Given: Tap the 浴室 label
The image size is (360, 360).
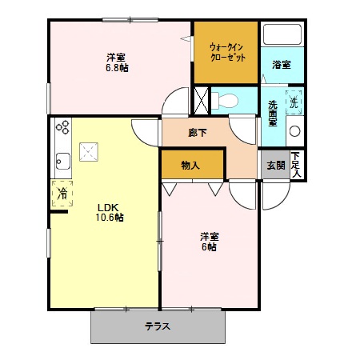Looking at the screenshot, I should pos(281,64).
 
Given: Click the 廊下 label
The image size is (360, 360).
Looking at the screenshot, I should pos(197,133).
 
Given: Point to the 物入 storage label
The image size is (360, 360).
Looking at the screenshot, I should pos(190,166).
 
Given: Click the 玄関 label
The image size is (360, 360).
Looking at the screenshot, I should pos(275,166).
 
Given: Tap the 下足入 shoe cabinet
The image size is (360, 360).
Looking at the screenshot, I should pos(297,166).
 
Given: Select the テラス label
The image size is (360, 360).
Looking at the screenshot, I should pos(157,327).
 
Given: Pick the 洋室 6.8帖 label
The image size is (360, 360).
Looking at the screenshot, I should pos(117,62).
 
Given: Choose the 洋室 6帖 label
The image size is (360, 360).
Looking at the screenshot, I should pos(209,242).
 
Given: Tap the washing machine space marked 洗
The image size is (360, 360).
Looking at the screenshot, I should pos(294,102).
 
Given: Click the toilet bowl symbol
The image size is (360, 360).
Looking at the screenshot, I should pos(226,102).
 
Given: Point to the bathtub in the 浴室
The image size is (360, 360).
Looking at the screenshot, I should pos(282,36).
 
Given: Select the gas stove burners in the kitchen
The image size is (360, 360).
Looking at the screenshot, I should pos(62,127).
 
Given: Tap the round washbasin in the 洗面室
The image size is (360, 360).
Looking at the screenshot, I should pos(294,131).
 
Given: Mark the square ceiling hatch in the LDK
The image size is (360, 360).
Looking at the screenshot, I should pos(88,151).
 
